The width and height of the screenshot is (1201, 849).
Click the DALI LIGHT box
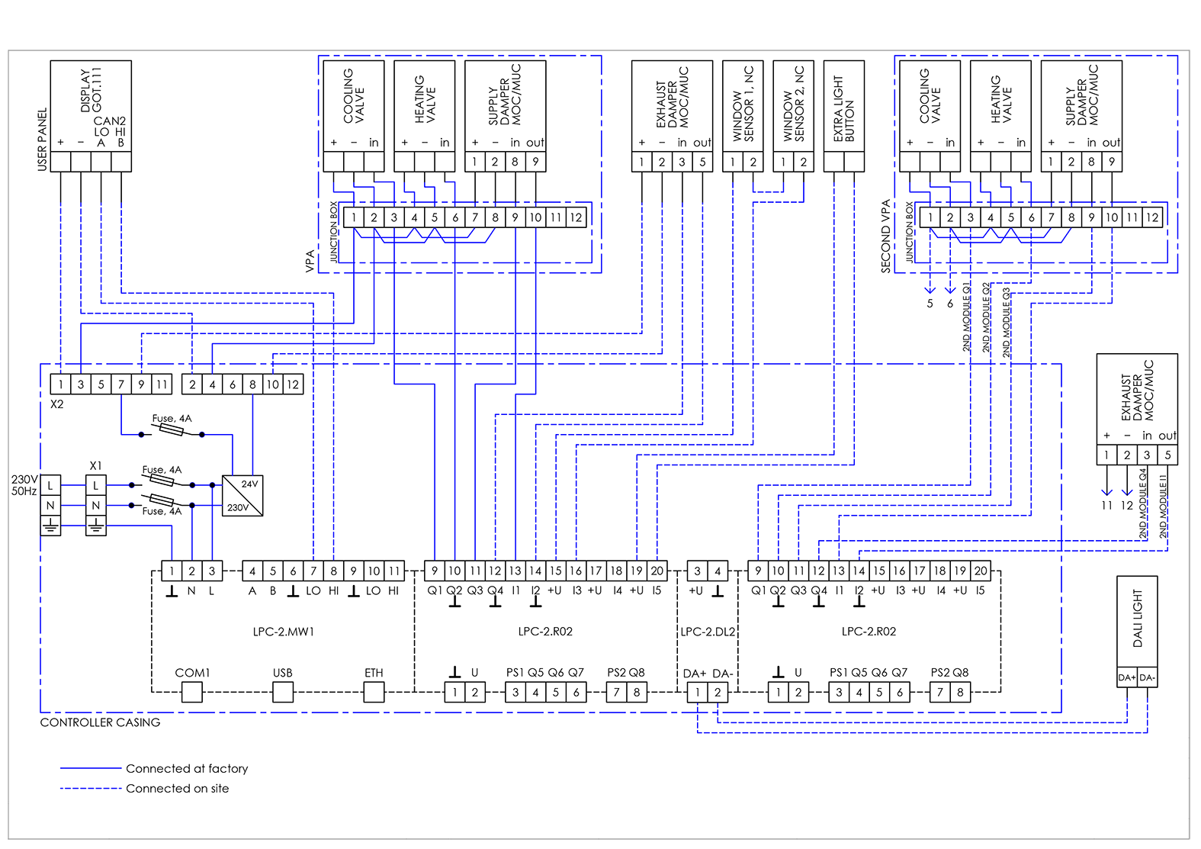pyautogui.click(x=1137, y=622)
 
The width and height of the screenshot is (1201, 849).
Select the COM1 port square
pyautogui.click(x=191, y=692)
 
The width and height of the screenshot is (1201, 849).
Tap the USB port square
pyautogui.click(x=283, y=692)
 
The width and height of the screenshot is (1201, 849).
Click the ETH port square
pyautogui.click(x=374, y=692)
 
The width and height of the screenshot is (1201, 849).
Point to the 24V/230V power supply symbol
pyautogui.click(x=242, y=496)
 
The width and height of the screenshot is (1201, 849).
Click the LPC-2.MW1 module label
pyautogui.click(x=283, y=632)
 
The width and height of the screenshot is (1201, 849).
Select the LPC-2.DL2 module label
pyautogui.click(x=708, y=632)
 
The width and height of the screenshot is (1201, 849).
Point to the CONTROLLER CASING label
pyautogui.click(x=100, y=722)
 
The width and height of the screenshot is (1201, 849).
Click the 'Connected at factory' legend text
pyautogui.click(x=187, y=768)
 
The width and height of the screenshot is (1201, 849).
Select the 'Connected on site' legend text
pyautogui.click(x=177, y=789)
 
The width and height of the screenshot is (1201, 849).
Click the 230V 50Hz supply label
pyautogui.click(x=24, y=485)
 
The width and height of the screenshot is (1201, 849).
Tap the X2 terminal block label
pyautogui.click(x=57, y=404)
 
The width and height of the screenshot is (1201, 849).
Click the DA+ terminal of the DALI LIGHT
pyautogui.click(x=1127, y=677)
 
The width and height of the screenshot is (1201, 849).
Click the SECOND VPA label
pyautogui.click(x=885, y=236)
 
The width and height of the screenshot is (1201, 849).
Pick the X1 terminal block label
pyautogui.click(x=95, y=465)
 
